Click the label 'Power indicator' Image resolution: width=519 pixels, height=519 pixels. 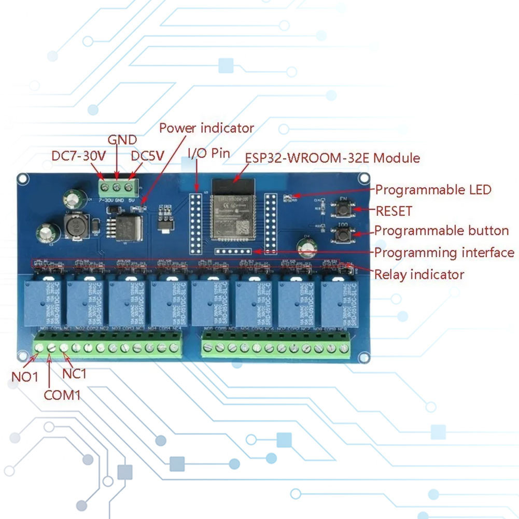point(206,128)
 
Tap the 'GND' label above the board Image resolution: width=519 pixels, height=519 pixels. point(122,140)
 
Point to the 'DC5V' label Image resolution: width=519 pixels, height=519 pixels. point(147,156)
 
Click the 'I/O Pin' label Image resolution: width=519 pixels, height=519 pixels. point(208,153)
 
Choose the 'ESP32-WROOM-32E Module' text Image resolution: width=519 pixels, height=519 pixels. point(332,158)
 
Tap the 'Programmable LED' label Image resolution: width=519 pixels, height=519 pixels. point(433,190)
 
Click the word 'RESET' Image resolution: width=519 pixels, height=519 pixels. point(394,211)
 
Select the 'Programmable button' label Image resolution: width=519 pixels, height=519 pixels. point(441,231)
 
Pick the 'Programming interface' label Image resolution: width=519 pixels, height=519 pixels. point(444,253)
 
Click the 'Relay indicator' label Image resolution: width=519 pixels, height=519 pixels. point(419,274)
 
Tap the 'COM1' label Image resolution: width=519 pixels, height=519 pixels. point(62,396)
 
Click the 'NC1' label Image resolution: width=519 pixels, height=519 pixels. point(75,373)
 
